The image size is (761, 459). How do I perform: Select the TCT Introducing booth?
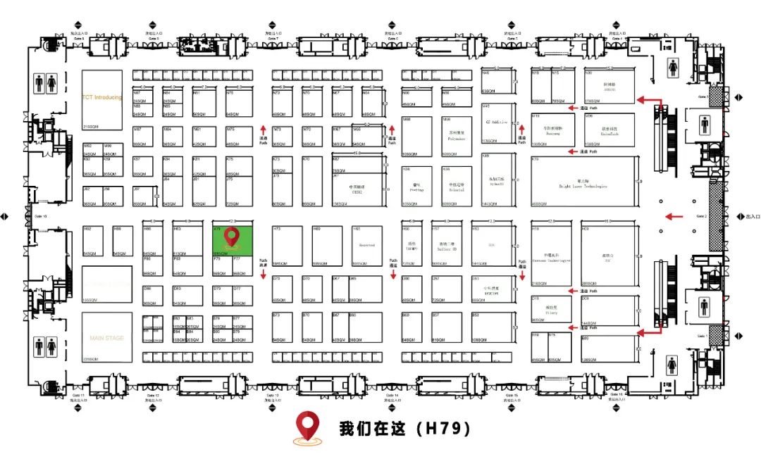(x=102, y=99)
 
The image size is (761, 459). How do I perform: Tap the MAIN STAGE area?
(x=106, y=338)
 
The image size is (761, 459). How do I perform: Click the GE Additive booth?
(x=497, y=121)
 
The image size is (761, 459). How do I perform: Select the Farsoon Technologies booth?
(x=551, y=258)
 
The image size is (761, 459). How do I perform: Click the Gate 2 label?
(x=701, y=216)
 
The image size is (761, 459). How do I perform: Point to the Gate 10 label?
(x=41, y=216)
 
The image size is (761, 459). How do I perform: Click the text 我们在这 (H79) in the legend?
(x=404, y=428)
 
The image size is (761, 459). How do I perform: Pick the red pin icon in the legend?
(x=307, y=427)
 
